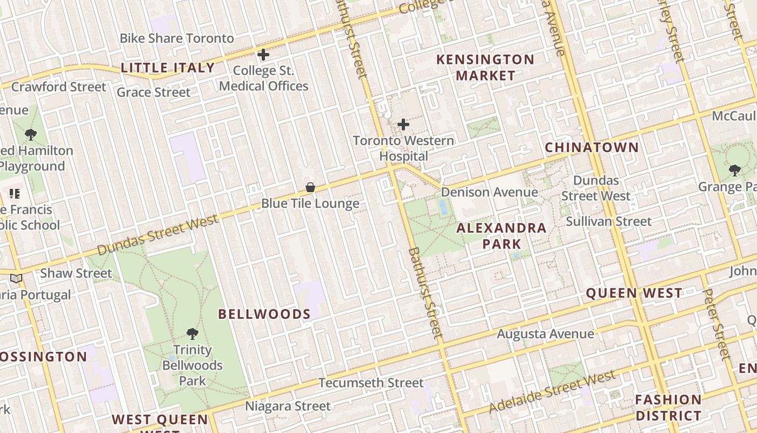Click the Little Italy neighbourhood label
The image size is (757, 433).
click(168, 68)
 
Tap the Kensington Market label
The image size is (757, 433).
click(485, 67)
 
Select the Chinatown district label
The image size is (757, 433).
click(592, 147)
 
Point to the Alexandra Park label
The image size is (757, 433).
click(501, 236)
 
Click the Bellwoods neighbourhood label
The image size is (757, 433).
click(264, 314)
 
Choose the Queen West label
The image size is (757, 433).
click(634, 293)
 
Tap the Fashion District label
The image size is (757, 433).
click(668, 408)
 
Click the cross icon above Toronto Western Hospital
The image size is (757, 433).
click(403, 125)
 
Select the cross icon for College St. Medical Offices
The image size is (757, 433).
click(263, 55)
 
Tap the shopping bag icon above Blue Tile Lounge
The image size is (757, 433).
click(310, 188)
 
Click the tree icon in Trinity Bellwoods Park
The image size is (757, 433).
click(192, 333)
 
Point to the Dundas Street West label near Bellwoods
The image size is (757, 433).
click(158, 234)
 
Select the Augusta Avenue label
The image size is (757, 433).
click(545, 334)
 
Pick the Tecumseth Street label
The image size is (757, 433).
click(371, 383)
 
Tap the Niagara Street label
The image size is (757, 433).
click(288, 406)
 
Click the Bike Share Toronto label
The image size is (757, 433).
click(177, 38)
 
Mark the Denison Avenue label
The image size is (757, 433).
click(489, 192)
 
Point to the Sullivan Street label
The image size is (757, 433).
click(608, 221)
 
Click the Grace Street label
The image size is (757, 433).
click(154, 92)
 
